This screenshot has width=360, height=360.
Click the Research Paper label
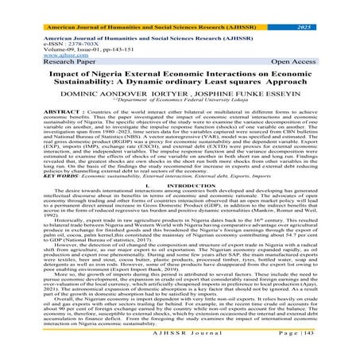(x=39, y=53)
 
